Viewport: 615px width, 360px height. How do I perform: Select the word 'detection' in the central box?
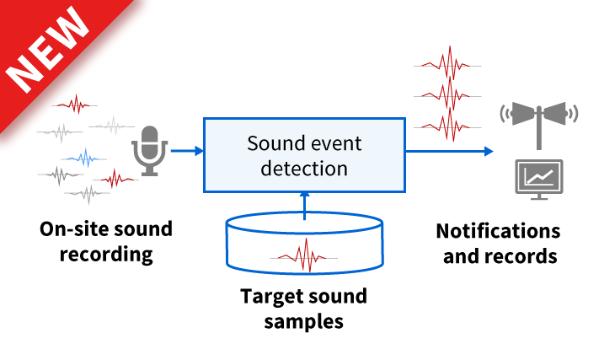(x=304, y=168)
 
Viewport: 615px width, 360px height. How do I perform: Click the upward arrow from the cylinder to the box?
(x=304, y=205)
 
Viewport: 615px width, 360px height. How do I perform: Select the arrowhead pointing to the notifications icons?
(x=488, y=152)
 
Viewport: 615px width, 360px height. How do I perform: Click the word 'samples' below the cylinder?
(x=304, y=321)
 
